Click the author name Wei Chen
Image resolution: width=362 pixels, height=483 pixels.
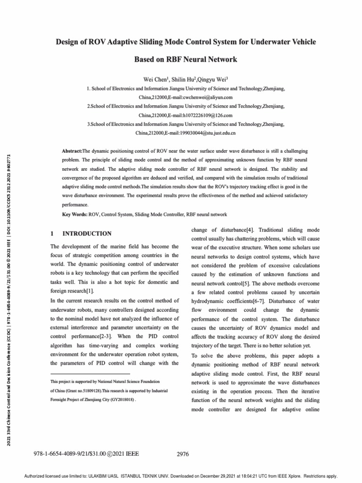click(x=154, y=79)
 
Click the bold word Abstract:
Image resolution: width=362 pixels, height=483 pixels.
click(x=72, y=151)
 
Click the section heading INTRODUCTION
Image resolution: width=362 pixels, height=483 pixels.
click(x=87, y=233)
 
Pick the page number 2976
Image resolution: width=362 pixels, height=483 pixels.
click(x=182, y=454)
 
